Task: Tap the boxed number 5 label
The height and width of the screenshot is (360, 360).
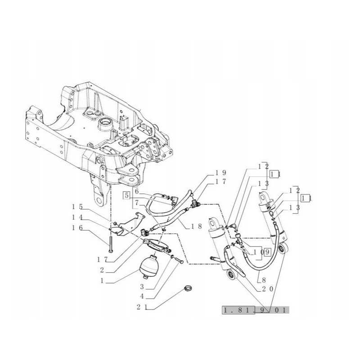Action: [126, 196]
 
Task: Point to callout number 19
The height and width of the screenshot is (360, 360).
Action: [220, 172]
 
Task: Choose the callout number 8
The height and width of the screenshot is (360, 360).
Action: [264, 279]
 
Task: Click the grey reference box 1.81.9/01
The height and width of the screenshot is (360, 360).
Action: [256, 310]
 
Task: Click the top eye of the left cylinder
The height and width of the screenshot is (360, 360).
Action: [214, 223]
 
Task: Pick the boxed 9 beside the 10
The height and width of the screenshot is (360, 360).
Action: [267, 252]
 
